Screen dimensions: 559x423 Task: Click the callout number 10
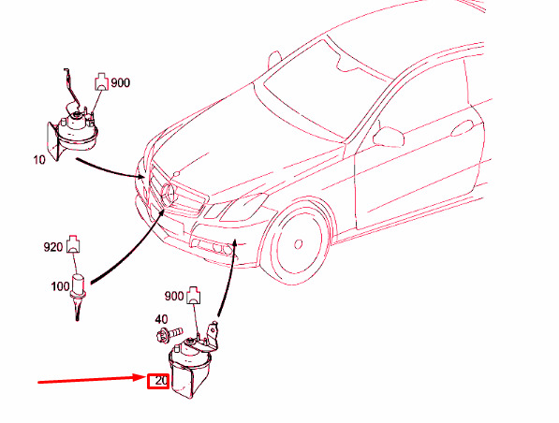pyautogui.click(x=39, y=160)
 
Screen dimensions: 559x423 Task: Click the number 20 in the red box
pyautogui.click(x=161, y=381)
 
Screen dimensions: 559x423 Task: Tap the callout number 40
pyautogui.click(x=161, y=319)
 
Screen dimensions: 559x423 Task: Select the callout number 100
pyautogui.click(x=60, y=286)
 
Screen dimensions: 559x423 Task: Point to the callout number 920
pyautogui.click(x=53, y=247)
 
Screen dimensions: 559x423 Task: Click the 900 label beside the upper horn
pyautogui.click(x=120, y=82)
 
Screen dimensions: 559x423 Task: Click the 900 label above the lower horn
pyautogui.click(x=174, y=296)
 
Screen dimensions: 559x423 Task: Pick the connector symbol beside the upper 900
pyautogui.click(x=102, y=81)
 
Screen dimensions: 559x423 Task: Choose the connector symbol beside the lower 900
pyautogui.click(x=194, y=295)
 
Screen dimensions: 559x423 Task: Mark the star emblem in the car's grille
pyautogui.click(x=169, y=193)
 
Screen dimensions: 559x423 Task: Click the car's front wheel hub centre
pyautogui.click(x=298, y=244)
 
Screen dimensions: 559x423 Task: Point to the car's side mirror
pyautogui.click(x=389, y=136)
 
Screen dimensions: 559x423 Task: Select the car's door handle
pyautogui.click(x=463, y=128)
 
